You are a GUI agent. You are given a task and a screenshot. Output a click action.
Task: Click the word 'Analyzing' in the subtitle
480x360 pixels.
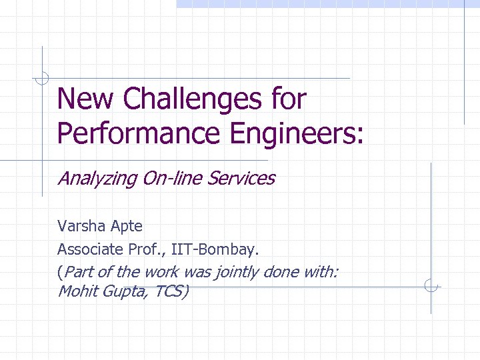click(93, 179)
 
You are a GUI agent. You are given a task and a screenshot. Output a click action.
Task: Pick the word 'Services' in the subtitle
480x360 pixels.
click(241, 179)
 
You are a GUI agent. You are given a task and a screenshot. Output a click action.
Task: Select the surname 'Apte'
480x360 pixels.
click(126, 227)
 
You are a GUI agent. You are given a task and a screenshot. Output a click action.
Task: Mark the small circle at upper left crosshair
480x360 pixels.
click(43, 78)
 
